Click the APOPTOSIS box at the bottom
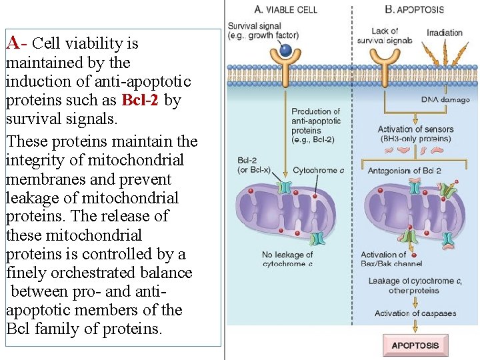click(415, 345)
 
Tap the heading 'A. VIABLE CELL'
click(286, 9)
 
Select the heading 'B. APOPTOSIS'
click(414, 9)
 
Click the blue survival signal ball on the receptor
click(285, 51)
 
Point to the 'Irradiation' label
click(444, 33)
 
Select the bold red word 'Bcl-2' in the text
click(141, 101)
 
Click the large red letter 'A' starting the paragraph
click(12, 43)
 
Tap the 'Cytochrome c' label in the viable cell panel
click(318, 171)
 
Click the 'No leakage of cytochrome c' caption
click(287, 259)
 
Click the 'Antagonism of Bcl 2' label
click(404, 171)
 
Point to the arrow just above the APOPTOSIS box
click(415, 326)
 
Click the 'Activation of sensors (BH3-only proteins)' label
click(415, 134)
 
